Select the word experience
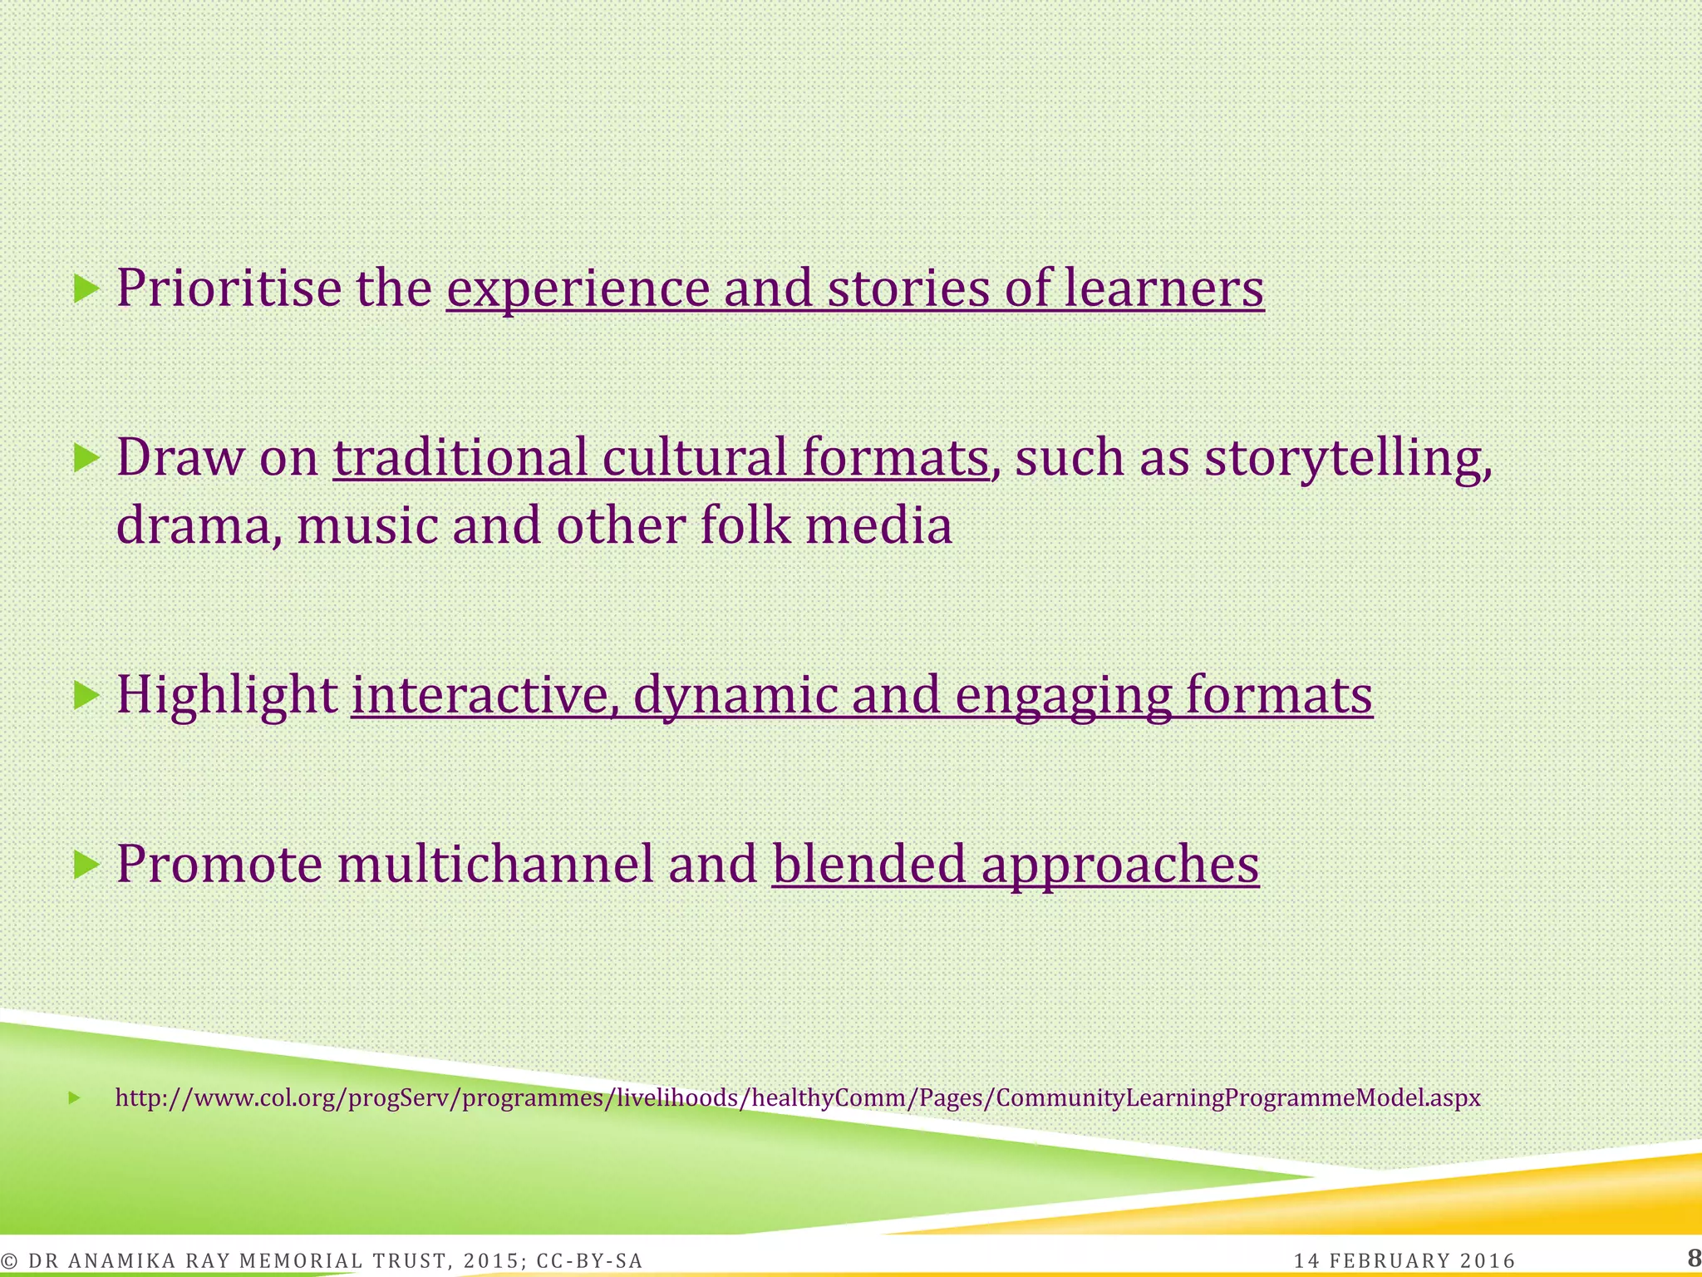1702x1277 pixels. coord(578,288)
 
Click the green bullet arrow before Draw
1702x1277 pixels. coord(86,458)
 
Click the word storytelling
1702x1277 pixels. coord(1347,458)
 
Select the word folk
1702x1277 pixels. coord(745,527)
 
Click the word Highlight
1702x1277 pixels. coord(226,695)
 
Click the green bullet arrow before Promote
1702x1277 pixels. coord(86,865)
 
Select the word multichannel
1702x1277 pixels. coord(495,865)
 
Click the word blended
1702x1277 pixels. coord(869,865)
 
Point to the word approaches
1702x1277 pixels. coord(1120,865)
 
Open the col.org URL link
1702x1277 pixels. coord(798,1098)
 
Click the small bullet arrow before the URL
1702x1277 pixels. coord(74,1098)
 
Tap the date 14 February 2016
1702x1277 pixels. coord(1404,1261)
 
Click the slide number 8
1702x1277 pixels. coord(1693,1258)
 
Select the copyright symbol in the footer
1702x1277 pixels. coord(11,1261)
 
